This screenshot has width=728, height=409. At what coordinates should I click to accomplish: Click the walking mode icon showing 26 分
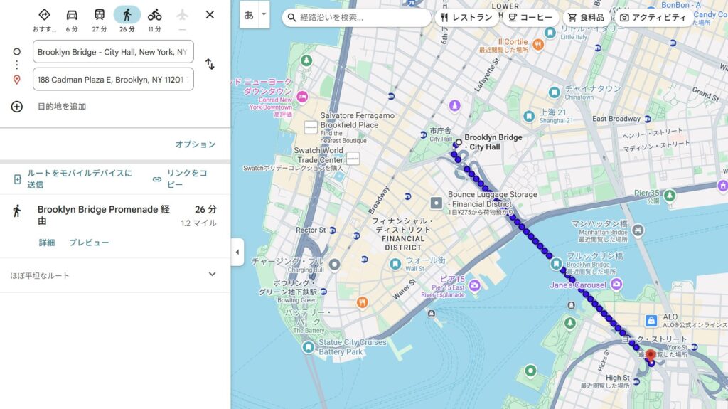point(127,15)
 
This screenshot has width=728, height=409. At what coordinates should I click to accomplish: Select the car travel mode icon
point(72,15)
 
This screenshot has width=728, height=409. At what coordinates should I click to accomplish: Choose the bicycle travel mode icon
point(154,15)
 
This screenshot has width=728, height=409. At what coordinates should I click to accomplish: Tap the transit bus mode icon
point(100,15)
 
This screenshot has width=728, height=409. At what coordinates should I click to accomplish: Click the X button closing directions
point(210,14)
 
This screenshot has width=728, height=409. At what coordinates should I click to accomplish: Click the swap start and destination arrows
point(210,64)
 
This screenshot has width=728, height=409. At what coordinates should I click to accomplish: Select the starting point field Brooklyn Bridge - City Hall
point(113,52)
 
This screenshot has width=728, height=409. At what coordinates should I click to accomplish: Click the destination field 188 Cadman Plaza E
point(113,80)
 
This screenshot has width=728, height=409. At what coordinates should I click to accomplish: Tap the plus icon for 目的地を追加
point(17,107)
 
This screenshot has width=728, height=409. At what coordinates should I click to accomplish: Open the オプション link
point(195,144)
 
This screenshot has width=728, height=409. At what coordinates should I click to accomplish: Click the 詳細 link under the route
point(47,243)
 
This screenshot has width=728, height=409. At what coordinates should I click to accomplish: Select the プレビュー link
point(89,243)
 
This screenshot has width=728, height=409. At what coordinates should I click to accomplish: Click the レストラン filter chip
point(466,17)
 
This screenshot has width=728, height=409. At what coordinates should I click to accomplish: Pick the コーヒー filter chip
point(531,17)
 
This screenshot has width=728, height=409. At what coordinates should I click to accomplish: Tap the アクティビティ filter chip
point(653,17)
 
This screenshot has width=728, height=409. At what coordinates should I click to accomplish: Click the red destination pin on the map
point(650,355)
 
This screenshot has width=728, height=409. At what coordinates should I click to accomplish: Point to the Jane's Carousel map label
point(578,285)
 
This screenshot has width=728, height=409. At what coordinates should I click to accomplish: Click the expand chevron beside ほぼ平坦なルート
point(212,275)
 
